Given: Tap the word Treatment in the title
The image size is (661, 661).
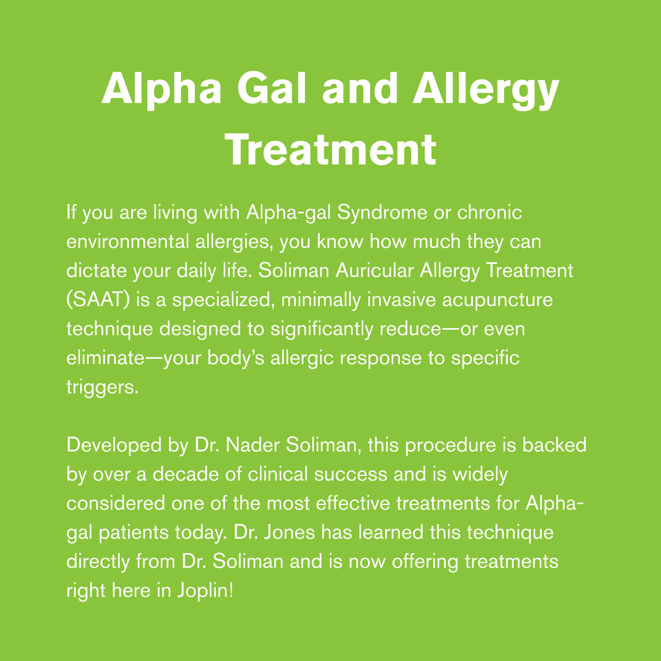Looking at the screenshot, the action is [x=331, y=149].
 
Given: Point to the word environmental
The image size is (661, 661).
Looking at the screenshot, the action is [x=128, y=241].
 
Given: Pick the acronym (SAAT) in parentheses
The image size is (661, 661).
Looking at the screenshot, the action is [x=98, y=300].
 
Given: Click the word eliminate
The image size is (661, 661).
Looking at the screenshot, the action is [x=105, y=358].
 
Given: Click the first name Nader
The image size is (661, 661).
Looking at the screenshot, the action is [x=252, y=446].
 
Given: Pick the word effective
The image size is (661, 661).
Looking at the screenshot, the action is [x=353, y=503].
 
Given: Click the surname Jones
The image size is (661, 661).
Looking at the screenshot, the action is [x=287, y=532].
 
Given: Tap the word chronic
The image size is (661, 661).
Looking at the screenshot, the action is [x=490, y=212].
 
